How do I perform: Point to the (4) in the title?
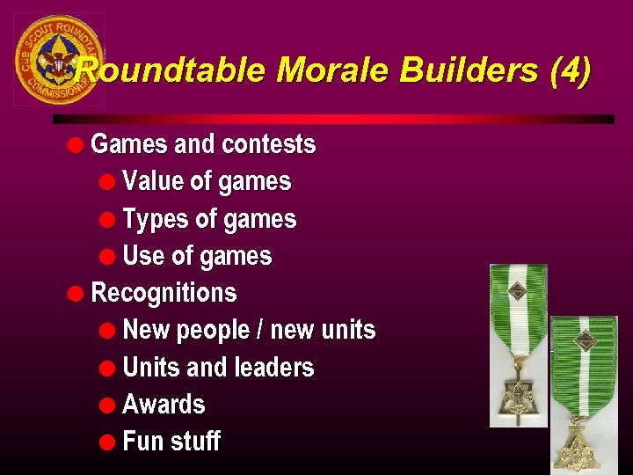point(570,69)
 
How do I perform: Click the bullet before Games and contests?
point(78,144)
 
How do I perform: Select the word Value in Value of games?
point(152,182)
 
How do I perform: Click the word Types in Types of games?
point(152,219)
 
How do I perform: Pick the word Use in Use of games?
point(142,257)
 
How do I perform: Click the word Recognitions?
point(164,293)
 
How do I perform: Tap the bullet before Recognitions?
point(78,294)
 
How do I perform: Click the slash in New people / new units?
point(258,331)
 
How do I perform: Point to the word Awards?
point(164,405)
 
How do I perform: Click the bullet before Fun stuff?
point(107,442)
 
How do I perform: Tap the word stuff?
point(195,442)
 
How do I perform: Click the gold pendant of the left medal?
point(518,401)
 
